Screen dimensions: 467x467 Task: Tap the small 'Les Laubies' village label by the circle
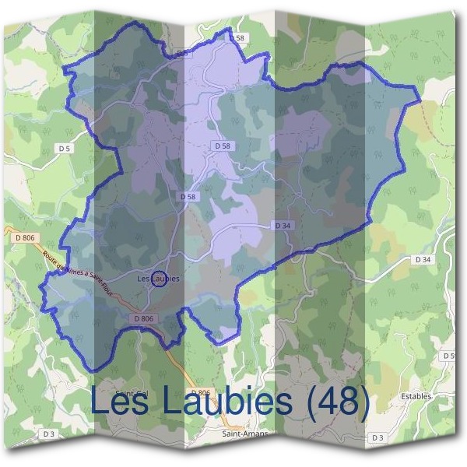[x=158, y=278]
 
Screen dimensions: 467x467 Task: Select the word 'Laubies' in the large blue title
[x=228, y=402]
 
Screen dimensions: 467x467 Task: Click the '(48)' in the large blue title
[x=338, y=402]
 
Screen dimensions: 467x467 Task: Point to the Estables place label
[x=416, y=396]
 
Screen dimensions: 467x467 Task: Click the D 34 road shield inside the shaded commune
[x=283, y=225]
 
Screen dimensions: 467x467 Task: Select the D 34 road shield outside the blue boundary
[x=423, y=258]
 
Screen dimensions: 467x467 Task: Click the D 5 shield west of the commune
[x=64, y=148]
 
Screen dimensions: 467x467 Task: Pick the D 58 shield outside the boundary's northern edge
[x=237, y=37]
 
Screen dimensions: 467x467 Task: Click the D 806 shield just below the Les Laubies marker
[x=144, y=318]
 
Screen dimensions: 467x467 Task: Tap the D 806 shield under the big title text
[x=200, y=392]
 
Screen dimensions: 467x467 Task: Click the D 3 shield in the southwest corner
[x=49, y=433]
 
